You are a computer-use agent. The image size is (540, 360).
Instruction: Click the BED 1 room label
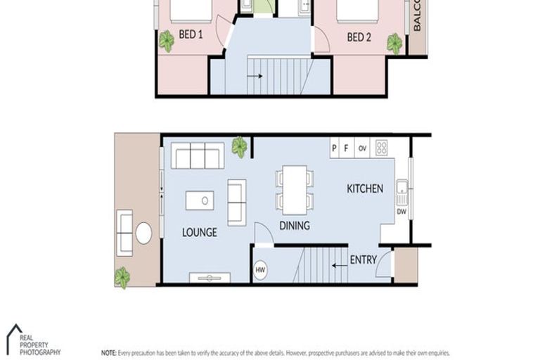(x=191, y=33)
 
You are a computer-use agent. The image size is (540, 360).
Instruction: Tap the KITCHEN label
(x=365, y=188)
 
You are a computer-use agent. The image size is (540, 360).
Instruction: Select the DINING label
(x=295, y=226)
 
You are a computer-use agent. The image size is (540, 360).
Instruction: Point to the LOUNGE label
(x=199, y=232)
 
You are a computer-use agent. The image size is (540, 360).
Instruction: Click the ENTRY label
(x=364, y=260)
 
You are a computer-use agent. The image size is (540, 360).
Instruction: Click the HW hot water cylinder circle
(x=260, y=269)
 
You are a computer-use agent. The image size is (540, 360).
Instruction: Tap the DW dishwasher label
(x=401, y=211)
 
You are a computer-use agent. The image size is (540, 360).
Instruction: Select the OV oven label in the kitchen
(x=363, y=148)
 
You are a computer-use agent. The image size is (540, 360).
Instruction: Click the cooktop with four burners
(x=382, y=148)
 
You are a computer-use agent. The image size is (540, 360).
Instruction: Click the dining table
(x=295, y=190)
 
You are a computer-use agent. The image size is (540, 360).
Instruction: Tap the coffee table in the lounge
(x=200, y=200)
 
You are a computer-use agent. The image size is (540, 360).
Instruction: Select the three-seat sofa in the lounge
(x=198, y=155)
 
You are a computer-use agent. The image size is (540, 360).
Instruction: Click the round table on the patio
(x=143, y=233)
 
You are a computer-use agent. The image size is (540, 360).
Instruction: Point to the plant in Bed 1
(x=167, y=41)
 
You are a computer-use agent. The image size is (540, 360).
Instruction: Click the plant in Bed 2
(x=394, y=43)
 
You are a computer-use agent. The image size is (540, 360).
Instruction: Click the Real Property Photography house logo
(x=14, y=335)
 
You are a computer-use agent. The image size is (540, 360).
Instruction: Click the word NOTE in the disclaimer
(x=108, y=352)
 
